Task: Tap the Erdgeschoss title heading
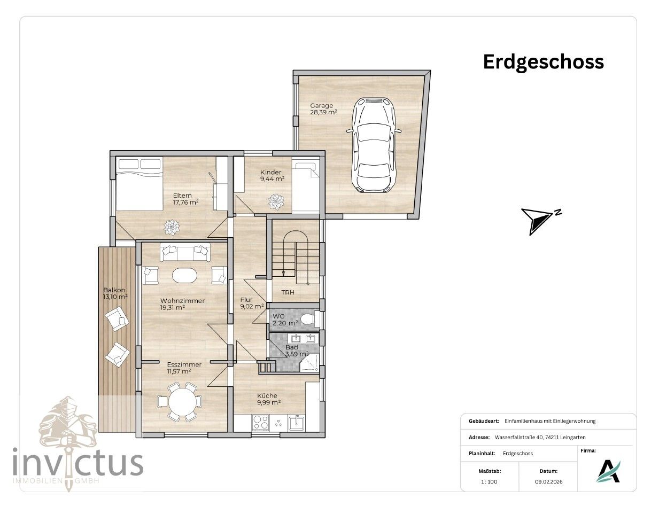[543, 62]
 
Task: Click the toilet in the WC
[308, 319]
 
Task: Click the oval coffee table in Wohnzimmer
[184, 275]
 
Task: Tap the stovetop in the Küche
[261, 422]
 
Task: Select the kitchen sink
[296, 423]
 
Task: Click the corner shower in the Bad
[309, 363]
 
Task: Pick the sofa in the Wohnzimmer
[185, 252]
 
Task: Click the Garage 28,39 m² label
[323, 108]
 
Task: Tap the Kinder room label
[272, 175]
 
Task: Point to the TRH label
[288, 292]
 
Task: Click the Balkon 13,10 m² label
[115, 293]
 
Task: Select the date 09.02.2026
[548, 490]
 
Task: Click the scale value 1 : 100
[489, 490]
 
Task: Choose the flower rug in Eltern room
[172, 228]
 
